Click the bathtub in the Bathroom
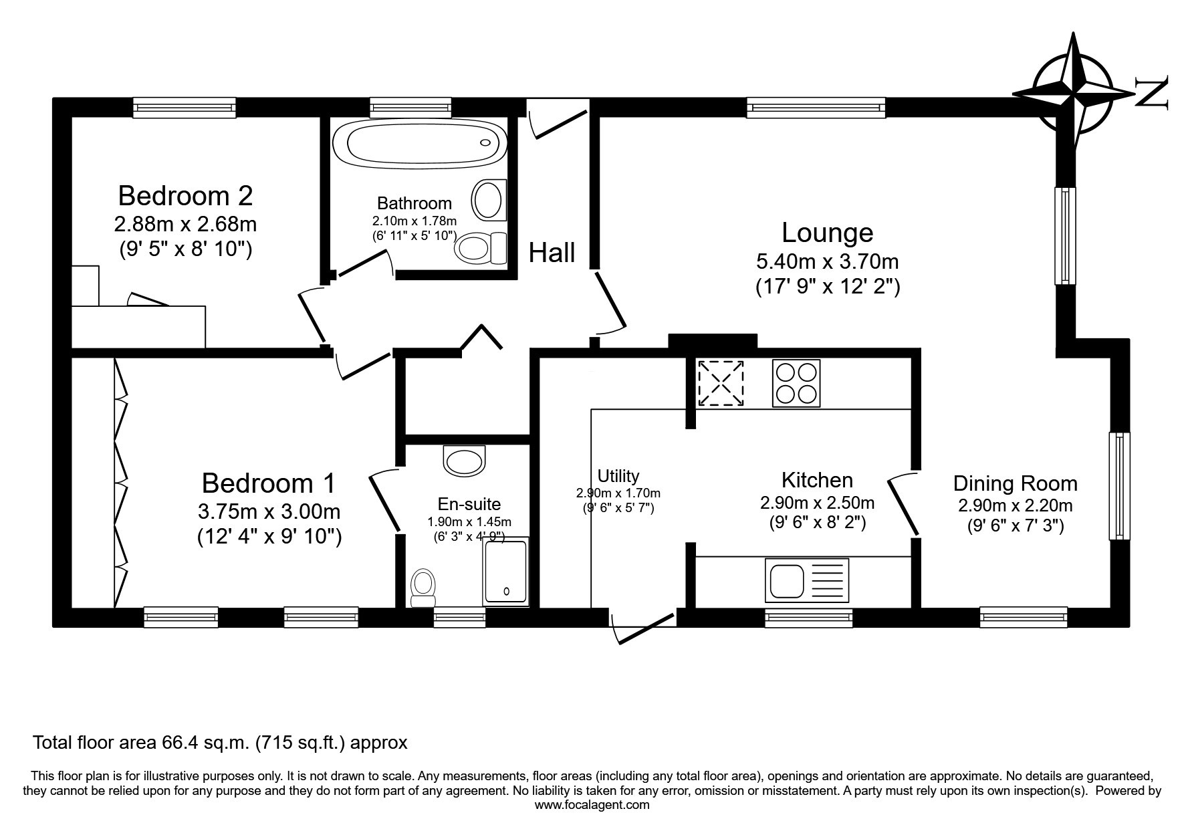coord(420,141)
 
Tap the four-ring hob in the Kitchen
coord(796,383)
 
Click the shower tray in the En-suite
coord(505,572)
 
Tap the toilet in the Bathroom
coord(481,249)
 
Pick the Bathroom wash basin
coord(489,198)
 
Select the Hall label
coord(552,253)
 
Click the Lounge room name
coord(828,232)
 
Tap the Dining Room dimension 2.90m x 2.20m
coord(1015,505)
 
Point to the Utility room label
coord(618,476)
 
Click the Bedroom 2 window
coord(185,107)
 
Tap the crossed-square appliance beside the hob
coord(721,383)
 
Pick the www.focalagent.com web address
coord(592,805)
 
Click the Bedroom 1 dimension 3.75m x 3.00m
coord(269,511)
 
